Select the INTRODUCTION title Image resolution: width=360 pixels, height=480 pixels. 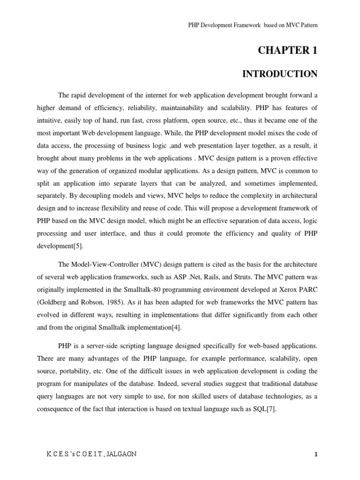pyautogui.click(x=279, y=74)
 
